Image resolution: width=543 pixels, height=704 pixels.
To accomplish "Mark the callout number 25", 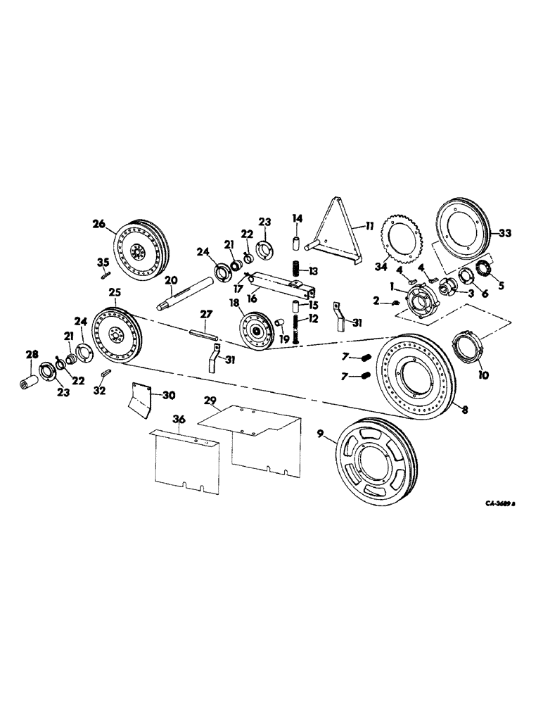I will [114, 292].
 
